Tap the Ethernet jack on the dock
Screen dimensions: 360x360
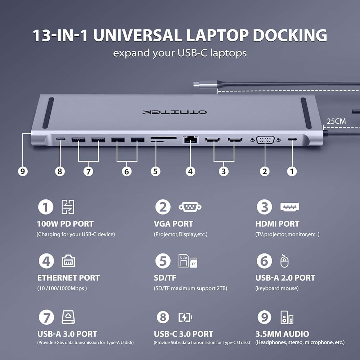pyautogui.click(x=190, y=140)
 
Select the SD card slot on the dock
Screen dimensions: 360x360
pyautogui.click(x=163, y=138)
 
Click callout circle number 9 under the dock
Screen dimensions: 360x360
pyautogui.click(x=23, y=171)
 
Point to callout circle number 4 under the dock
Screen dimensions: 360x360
pyautogui.click(x=190, y=171)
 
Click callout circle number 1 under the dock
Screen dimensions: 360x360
pyautogui.click(x=292, y=171)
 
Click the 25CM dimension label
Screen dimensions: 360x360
pyautogui.click(x=336, y=121)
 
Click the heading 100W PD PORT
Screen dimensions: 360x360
pyautogui.click(x=65, y=224)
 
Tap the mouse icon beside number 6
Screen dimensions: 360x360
pyautogui.click(x=285, y=261)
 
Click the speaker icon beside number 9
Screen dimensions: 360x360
pyautogui.click(x=287, y=318)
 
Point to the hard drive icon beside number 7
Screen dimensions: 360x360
pyautogui.click(x=68, y=317)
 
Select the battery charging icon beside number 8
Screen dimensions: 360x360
pyautogui.click(x=185, y=318)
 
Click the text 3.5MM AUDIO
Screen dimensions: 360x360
pyautogui.click(x=282, y=334)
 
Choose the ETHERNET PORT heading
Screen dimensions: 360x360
pyautogui.click(x=68, y=278)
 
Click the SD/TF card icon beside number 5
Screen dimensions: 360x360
pyautogui.click(x=188, y=261)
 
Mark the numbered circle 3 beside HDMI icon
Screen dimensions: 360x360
pyautogui.click(x=264, y=207)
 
